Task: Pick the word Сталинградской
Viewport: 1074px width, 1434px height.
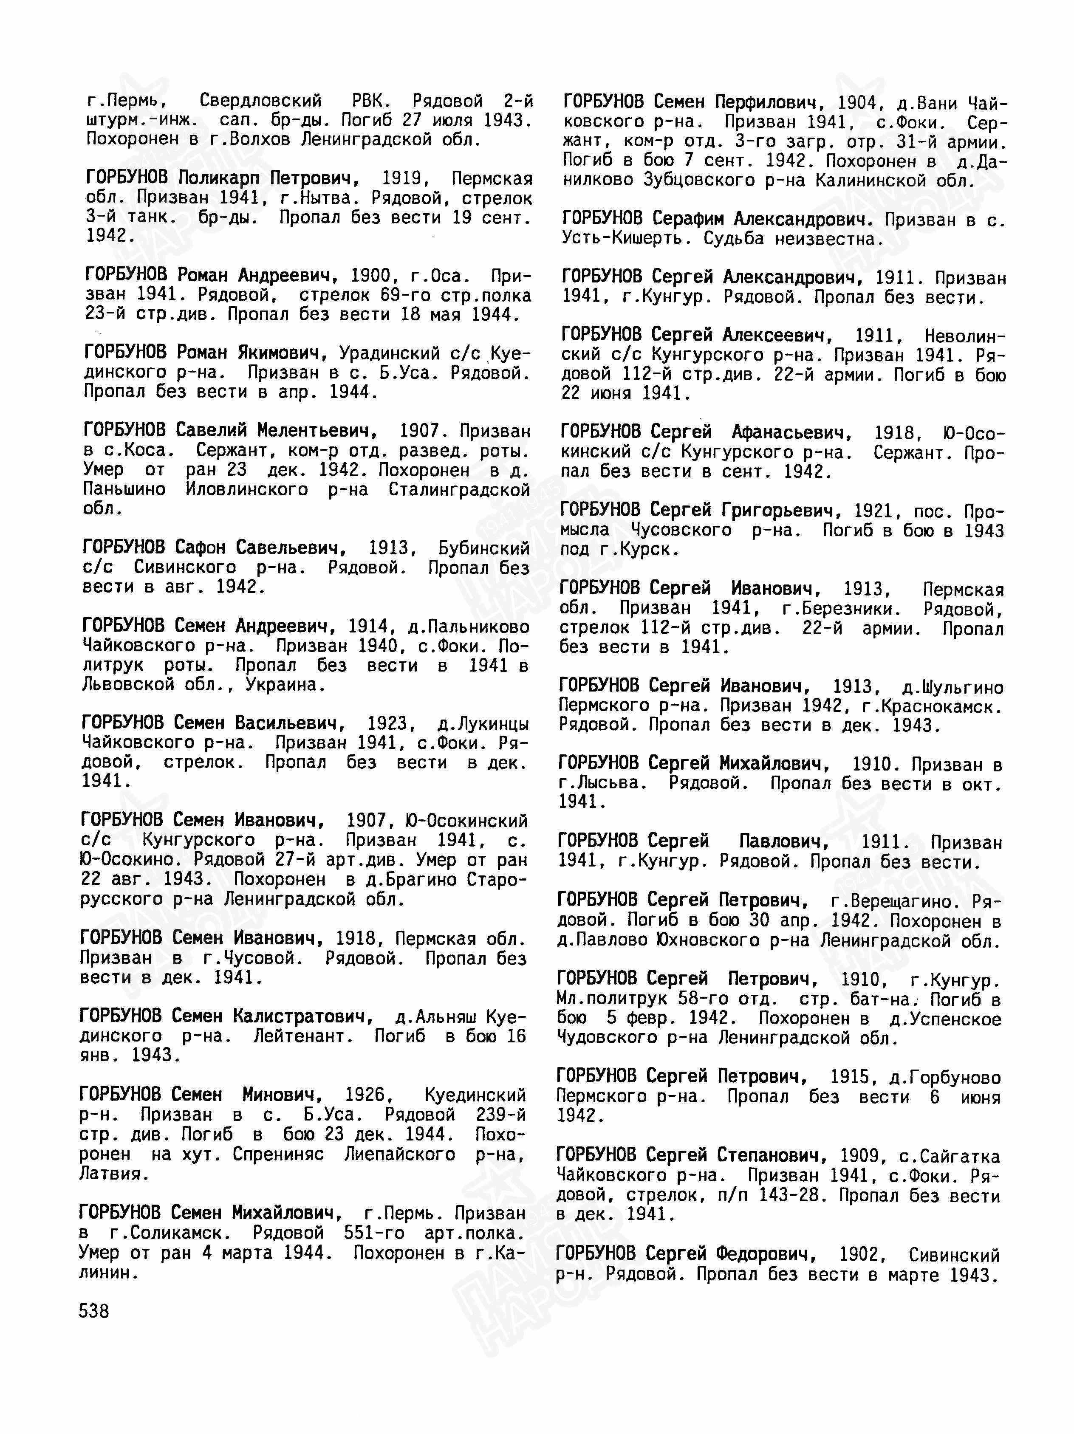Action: [x=459, y=489]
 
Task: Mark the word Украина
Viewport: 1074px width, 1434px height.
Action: [x=285, y=685]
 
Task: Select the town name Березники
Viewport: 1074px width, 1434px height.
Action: [x=846, y=610]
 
